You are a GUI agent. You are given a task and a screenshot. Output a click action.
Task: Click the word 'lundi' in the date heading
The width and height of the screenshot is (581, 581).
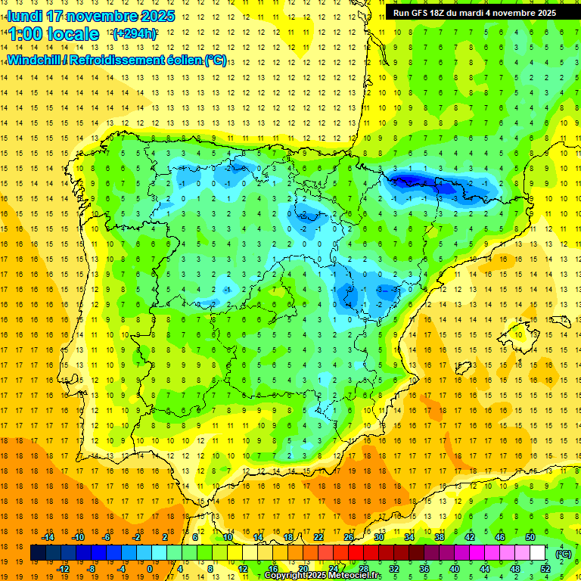point(24,16)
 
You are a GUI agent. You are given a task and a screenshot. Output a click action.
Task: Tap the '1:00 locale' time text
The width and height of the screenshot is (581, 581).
point(54,34)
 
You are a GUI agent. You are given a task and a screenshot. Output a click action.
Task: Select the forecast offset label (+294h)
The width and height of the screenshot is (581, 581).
point(134,34)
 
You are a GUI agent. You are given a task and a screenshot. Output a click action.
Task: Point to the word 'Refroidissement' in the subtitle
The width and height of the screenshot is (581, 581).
point(120,60)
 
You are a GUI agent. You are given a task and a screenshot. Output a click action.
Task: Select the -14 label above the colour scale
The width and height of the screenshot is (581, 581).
point(48,537)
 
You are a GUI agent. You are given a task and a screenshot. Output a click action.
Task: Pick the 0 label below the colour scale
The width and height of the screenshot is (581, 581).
point(150,568)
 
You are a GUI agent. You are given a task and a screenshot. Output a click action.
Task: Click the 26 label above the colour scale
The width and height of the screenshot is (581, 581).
point(349,537)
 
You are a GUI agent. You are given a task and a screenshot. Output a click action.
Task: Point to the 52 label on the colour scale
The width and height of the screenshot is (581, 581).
point(545,568)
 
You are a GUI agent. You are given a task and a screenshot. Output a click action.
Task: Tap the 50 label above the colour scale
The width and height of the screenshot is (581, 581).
point(530,537)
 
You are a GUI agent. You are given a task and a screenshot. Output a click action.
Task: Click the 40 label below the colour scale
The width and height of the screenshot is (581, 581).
point(455,568)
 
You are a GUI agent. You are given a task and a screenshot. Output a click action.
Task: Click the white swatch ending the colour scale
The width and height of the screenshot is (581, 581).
point(538,553)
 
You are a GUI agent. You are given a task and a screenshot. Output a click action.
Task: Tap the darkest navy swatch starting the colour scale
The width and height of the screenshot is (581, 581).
point(38,553)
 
